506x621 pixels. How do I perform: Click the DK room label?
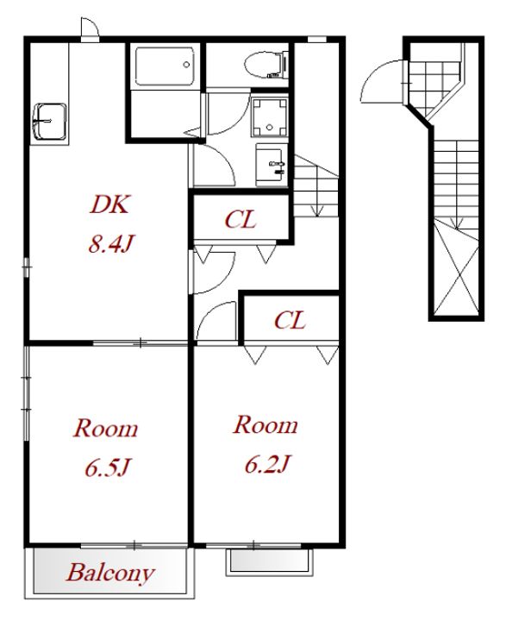point(109,204)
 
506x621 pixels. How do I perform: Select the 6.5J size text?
point(107,467)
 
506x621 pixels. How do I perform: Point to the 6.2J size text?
point(267,464)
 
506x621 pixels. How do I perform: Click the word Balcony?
point(110,573)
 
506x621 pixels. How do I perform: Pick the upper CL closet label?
point(241,219)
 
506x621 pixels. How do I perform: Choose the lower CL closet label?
point(290,320)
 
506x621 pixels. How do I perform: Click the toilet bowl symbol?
point(266,64)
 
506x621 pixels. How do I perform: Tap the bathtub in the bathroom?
point(165,66)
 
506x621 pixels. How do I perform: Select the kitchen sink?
point(49,122)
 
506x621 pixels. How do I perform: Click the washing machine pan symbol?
point(270,117)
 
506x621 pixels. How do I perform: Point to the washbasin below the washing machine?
point(271,164)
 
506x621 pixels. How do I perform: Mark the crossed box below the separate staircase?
point(456,269)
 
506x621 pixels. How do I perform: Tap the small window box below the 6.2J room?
point(269,561)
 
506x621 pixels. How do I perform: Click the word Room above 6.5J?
point(106,428)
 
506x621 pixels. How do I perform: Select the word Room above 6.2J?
point(265,425)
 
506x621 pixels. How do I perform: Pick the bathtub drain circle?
point(186,65)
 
